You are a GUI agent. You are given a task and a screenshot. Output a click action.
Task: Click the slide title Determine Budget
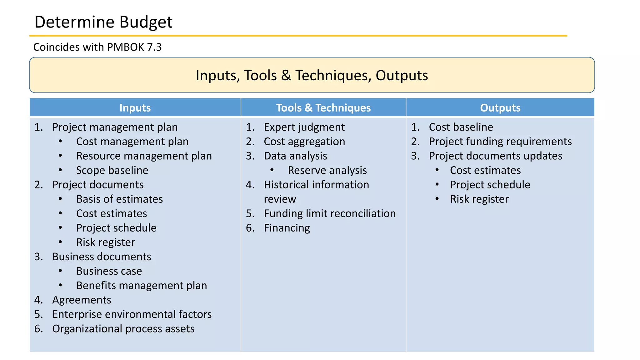coord(103,22)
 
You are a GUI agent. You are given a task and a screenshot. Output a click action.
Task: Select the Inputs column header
coord(135,108)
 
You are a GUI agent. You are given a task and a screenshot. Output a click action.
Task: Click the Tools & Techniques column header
coord(323,108)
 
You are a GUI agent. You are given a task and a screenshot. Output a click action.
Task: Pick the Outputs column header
coord(500,108)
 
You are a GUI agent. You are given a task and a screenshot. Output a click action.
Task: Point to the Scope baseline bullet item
coord(112,170)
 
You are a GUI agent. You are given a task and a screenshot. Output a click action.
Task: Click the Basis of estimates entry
coord(119,199)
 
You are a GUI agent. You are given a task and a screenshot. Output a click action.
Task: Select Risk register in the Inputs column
coord(106,242)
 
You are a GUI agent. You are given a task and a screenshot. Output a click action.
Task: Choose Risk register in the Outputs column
coord(479,199)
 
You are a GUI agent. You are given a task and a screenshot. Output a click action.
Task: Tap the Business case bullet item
coord(109,271)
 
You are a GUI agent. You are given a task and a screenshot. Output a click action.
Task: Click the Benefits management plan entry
coord(142,285)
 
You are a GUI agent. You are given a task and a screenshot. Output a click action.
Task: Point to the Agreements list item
coord(82,300)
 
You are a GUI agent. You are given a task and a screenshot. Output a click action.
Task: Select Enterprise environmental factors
coord(132,314)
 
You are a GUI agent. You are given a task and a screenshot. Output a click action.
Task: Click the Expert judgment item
coord(304,127)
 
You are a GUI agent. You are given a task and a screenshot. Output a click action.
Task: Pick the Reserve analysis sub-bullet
coord(327,170)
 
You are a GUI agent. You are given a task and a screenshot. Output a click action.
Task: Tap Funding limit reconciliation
coord(330,213)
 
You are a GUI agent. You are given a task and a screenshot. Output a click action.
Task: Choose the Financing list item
coord(287,228)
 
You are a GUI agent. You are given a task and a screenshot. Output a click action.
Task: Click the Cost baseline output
coord(461,127)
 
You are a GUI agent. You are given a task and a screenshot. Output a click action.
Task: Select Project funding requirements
coord(500,142)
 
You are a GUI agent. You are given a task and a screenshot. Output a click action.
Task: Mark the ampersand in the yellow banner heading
coord(286,76)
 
